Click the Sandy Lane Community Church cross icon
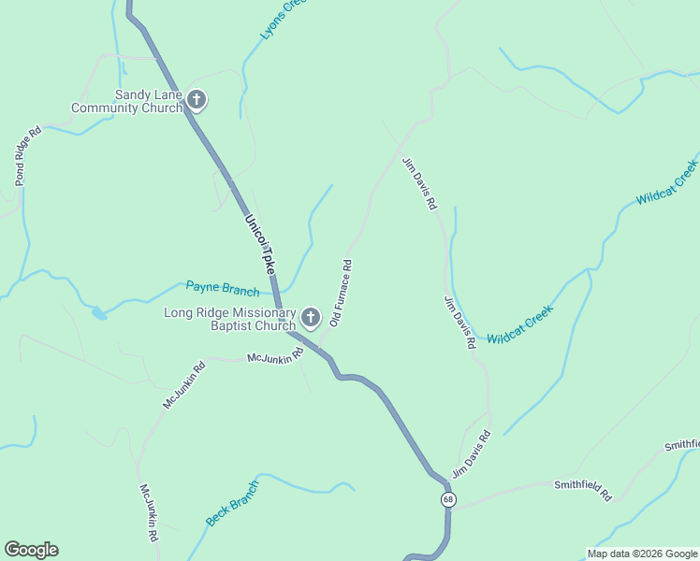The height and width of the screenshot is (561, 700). [196, 100]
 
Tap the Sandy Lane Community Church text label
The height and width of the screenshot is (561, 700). [148, 101]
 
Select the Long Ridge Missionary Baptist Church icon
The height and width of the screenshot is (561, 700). [311, 319]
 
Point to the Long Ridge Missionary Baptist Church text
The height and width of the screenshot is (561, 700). [230, 319]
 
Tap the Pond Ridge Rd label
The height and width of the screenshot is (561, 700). [27, 155]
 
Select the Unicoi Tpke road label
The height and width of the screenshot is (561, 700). [261, 244]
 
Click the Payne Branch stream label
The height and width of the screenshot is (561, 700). [223, 288]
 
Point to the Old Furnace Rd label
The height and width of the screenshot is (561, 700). [341, 292]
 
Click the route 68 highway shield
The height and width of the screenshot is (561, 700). [448, 500]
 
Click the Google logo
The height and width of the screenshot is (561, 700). [31, 550]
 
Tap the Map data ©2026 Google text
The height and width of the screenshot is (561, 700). [642, 554]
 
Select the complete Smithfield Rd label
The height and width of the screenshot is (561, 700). [582, 490]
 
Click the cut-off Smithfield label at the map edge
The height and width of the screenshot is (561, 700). [682, 445]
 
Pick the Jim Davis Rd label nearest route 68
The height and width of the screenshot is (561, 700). [471, 454]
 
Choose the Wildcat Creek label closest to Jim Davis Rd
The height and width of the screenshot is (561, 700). [519, 324]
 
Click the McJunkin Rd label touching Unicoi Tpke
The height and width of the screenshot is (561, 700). [274, 356]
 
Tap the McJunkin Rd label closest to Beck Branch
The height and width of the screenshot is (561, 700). [149, 513]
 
